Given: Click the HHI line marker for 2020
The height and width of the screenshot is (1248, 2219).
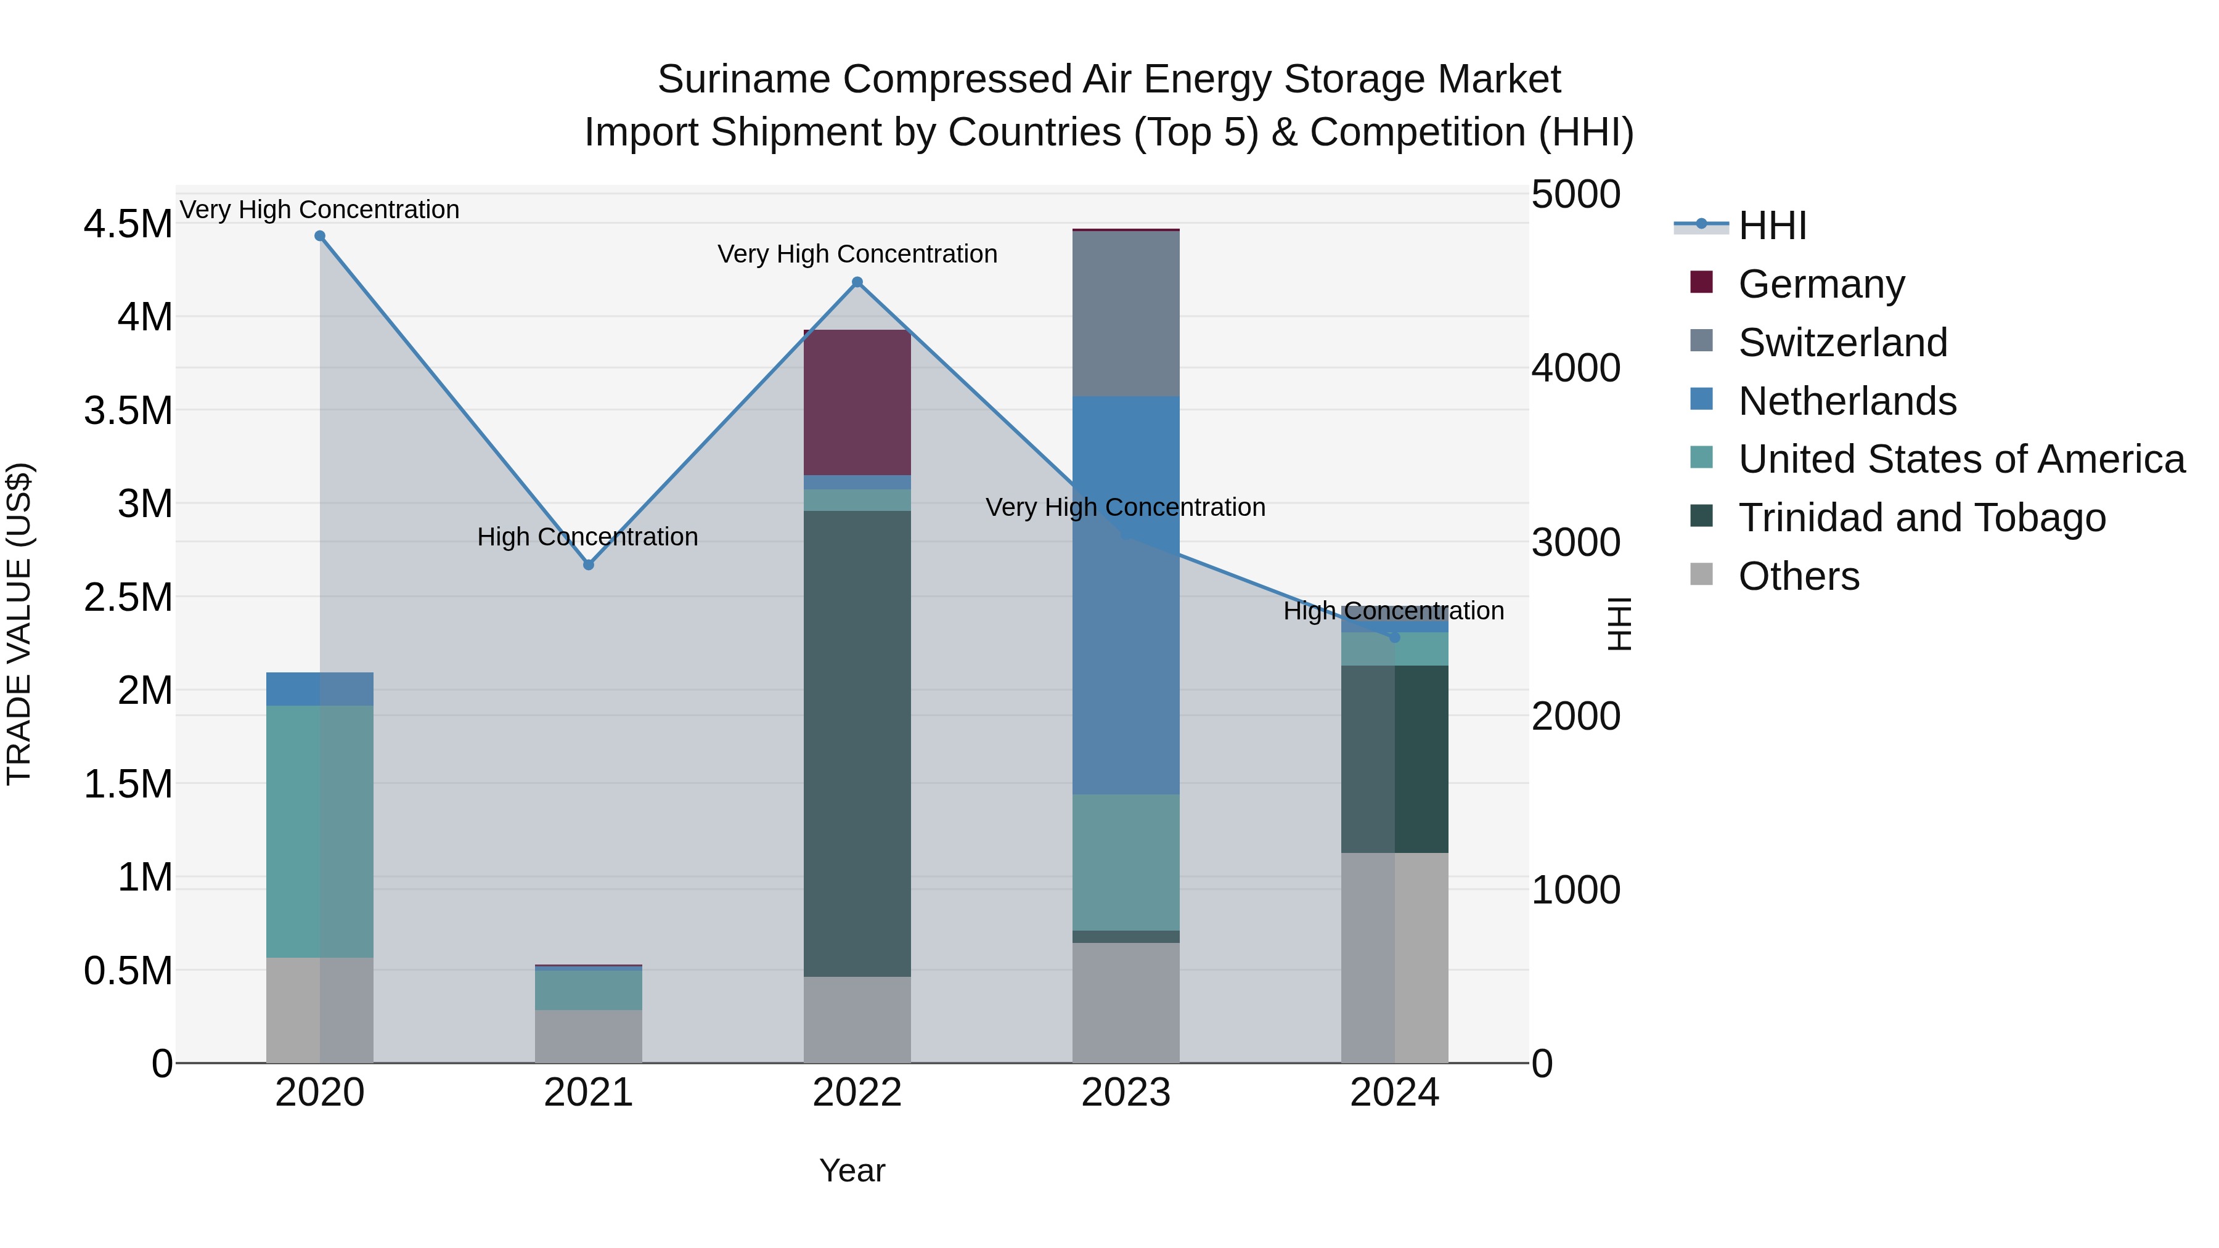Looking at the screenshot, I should pyautogui.click(x=319, y=236).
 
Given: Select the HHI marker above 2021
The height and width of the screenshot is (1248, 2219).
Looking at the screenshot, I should pyautogui.click(x=589, y=565).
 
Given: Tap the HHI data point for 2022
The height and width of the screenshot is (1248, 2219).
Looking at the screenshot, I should pyautogui.click(x=857, y=282).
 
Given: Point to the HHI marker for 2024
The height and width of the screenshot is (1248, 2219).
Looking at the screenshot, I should pyautogui.click(x=1395, y=637).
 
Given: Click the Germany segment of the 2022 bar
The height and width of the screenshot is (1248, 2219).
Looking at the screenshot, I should pyautogui.click(x=857, y=402).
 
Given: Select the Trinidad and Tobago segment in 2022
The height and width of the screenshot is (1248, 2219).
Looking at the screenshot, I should pyautogui.click(x=857, y=743).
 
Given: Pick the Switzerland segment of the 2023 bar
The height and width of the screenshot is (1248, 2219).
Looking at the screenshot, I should pyautogui.click(x=1126, y=314).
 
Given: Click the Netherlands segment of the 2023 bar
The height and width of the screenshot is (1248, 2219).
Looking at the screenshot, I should pyautogui.click(x=1126, y=594).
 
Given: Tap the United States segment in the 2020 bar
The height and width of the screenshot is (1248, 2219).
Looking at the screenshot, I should pyautogui.click(x=319, y=831).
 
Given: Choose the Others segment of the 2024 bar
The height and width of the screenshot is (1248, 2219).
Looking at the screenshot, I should pyautogui.click(x=1395, y=958).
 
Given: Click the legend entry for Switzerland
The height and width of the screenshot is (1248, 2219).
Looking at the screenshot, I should pyautogui.click(x=1842, y=343).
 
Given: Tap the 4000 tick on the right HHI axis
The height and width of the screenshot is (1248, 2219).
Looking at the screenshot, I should pyautogui.click(x=1575, y=369).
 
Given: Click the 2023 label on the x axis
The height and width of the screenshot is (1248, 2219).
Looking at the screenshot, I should pyautogui.click(x=1126, y=1093).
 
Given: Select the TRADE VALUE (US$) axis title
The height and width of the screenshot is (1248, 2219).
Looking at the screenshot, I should pyautogui.click(x=19, y=624).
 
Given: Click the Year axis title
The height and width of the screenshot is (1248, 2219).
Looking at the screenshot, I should pyautogui.click(x=852, y=1170).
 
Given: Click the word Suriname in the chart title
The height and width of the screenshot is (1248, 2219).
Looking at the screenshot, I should pyautogui.click(x=743, y=80).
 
